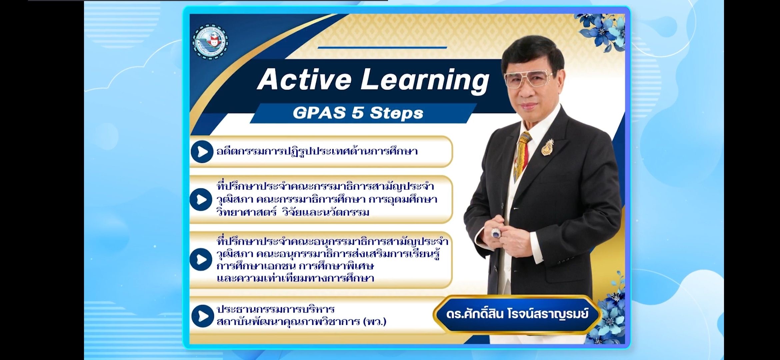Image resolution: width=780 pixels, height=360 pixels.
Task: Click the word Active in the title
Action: (x=304, y=79)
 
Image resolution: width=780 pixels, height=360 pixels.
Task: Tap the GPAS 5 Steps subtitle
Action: (x=358, y=113)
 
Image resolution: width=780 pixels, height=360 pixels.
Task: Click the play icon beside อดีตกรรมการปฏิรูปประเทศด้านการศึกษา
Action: (x=202, y=152)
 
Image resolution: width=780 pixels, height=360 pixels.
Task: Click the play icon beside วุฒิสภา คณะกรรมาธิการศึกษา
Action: (x=201, y=199)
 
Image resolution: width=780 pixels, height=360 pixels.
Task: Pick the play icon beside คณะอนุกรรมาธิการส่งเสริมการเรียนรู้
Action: (x=201, y=259)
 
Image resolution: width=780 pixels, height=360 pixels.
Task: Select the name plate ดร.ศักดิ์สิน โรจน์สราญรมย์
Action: (x=517, y=314)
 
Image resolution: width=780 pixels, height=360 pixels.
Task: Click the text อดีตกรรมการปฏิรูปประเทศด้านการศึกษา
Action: (x=317, y=152)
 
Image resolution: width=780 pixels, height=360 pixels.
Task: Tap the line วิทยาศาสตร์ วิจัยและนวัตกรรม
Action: (x=293, y=212)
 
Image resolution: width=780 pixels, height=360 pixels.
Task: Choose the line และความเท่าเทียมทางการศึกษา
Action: (x=295, y=278)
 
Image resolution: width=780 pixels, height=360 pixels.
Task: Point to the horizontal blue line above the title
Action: (x=382, y=47)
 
